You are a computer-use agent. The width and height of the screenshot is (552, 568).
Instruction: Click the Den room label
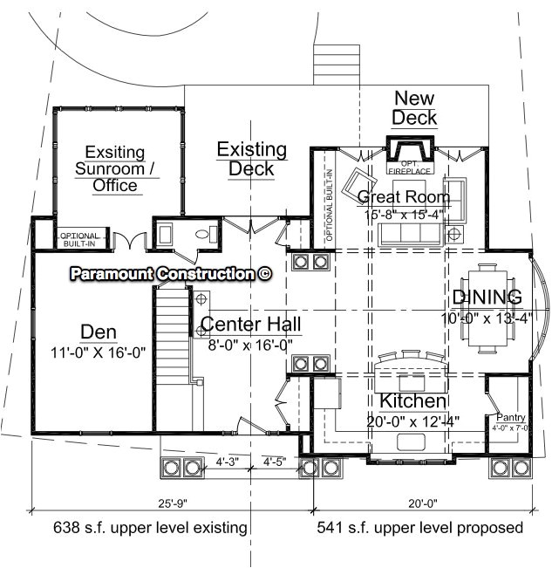[x=99, y=332]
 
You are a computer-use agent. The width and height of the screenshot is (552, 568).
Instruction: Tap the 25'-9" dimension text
[x=173, y=503]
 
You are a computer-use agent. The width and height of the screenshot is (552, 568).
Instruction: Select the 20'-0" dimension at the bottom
[x=422, y=503]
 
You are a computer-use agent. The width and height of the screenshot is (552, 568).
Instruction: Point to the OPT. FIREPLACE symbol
[x=410, y=154]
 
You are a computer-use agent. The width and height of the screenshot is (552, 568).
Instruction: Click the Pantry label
[x=510, y=417]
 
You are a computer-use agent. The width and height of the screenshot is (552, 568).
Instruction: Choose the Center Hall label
[x=251, y=324]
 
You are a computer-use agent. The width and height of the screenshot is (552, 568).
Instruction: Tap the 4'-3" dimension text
[x=228, y=462]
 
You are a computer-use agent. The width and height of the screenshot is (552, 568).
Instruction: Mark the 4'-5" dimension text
[x=275, y=462]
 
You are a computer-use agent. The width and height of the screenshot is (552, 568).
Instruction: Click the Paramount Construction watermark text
[x=171, y=273]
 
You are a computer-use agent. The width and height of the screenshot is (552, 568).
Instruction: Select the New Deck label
[x=414, y=108]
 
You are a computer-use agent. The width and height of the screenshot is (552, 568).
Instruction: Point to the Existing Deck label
[x=252, y=160]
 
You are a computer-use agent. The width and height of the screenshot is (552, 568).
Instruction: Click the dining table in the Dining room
[x=487, y=309]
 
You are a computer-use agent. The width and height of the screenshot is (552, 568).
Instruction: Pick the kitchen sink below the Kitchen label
[x=412, y=442]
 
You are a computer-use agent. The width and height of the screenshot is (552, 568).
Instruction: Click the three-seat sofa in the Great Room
[x=410, y=235]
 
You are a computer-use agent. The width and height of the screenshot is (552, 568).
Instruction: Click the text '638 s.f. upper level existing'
[x=150, y=527]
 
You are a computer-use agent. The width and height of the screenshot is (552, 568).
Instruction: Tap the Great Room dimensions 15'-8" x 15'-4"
[x=404, y=215]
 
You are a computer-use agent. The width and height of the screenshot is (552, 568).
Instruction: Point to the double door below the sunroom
[x=130, y=241]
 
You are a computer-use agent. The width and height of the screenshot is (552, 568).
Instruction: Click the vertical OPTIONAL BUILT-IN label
[x=329, y=205]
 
